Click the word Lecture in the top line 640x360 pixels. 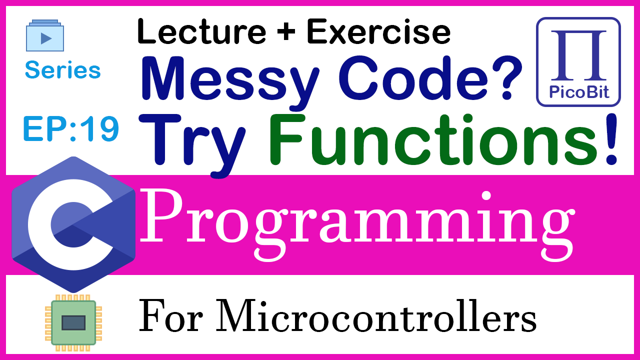click(x=201, y=31)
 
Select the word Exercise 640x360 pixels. click(x=378, y=31)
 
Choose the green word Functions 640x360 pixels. click(x=433, y=139)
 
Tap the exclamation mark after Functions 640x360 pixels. click(x=611, y=139)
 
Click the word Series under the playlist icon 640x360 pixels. click(x=63, y=69)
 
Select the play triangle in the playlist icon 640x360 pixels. click(x=46, y=38)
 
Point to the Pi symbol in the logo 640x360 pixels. click(x=578, y=55)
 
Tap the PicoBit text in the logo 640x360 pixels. click(x=579, y=92)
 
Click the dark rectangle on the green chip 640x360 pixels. click(x=73, y=323)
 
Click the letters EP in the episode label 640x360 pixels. click(x=46, y=129)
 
